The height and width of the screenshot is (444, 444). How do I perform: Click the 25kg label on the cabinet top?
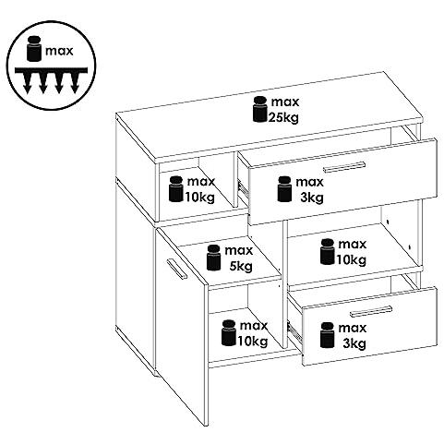[283, 117]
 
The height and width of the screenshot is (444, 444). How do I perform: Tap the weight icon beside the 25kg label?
[259, 109]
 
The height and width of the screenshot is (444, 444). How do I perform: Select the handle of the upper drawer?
[344, 166]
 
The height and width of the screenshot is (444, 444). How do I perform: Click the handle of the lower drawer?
[371, 311]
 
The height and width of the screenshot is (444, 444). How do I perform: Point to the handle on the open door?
[176, 269]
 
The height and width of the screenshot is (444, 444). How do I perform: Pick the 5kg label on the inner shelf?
[241, 266]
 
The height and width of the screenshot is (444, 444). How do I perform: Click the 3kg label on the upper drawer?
[312, 198]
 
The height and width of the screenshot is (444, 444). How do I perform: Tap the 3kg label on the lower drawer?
[354, 343]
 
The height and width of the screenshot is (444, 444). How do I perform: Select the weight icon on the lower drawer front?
[327, 335]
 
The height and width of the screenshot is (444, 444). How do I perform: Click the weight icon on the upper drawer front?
[284, 189]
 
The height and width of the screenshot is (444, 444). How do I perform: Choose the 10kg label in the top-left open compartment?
[199, 198]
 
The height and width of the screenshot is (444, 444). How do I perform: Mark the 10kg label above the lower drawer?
[351, 260]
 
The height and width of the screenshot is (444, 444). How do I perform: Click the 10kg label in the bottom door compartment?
[252, 342]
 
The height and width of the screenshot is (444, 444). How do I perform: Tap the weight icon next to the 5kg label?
[213, 258]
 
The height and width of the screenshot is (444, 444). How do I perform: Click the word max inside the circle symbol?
[59, 51]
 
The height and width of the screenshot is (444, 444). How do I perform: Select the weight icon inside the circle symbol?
[34, 48]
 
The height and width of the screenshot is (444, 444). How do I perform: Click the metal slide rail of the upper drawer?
[243, 187]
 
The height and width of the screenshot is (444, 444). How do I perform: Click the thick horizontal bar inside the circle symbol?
[51, 70]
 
